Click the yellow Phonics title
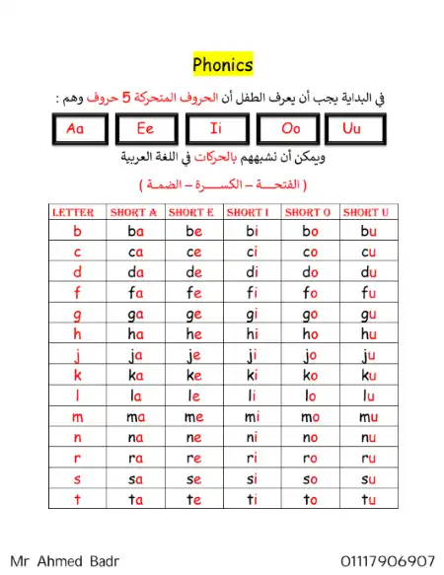[x=223, y=65]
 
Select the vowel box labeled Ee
[x=146, y=129]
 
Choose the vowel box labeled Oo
[x=288, y=129]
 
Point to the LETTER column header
[x=75, y=212]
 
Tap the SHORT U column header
[x=368, y=212]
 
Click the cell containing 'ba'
[x=135, y=232]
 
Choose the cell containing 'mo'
[x=310, y=417]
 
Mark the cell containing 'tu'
[x=368, y=499]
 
